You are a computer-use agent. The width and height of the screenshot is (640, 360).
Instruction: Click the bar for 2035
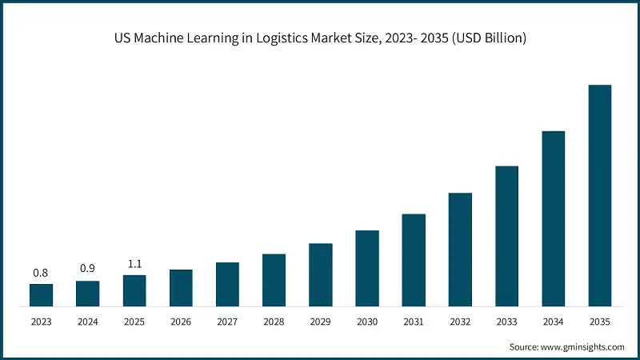[x=600, y=195]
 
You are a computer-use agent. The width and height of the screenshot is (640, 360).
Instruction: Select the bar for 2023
[x=41, y=295]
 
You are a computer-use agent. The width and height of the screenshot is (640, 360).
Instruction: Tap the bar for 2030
[x=367, y=268]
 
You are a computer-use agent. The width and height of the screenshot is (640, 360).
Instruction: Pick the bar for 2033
[x=507, y=236]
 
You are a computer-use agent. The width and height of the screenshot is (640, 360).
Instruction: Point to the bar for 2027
[x=227, y=284]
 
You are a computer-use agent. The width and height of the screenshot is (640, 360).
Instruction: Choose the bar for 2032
[x=460, y=250]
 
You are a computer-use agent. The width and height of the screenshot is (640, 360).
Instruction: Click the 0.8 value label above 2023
[x=41, y=273]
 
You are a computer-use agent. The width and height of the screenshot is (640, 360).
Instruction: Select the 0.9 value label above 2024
[x=87, y=269]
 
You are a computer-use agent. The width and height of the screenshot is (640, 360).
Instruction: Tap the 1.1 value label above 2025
[x=134, y=263]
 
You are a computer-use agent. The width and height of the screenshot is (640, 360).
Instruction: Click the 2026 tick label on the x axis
[x=181, y=322]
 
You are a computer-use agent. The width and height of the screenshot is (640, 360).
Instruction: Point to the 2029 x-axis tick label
[x=321, y=322]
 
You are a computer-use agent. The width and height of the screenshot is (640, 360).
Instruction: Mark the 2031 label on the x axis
[x=414, y=322]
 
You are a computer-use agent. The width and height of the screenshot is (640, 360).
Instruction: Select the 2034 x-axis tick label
[x=554, y=322]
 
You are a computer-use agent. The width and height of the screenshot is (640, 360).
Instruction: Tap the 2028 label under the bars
[x=274, y=322]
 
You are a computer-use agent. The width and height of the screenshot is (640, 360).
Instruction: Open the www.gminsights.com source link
[x=583, y=347]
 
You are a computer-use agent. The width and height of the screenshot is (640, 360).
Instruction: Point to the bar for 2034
[x=554, y=218]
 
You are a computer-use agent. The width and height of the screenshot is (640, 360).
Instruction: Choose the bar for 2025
[x=134, y=290]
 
